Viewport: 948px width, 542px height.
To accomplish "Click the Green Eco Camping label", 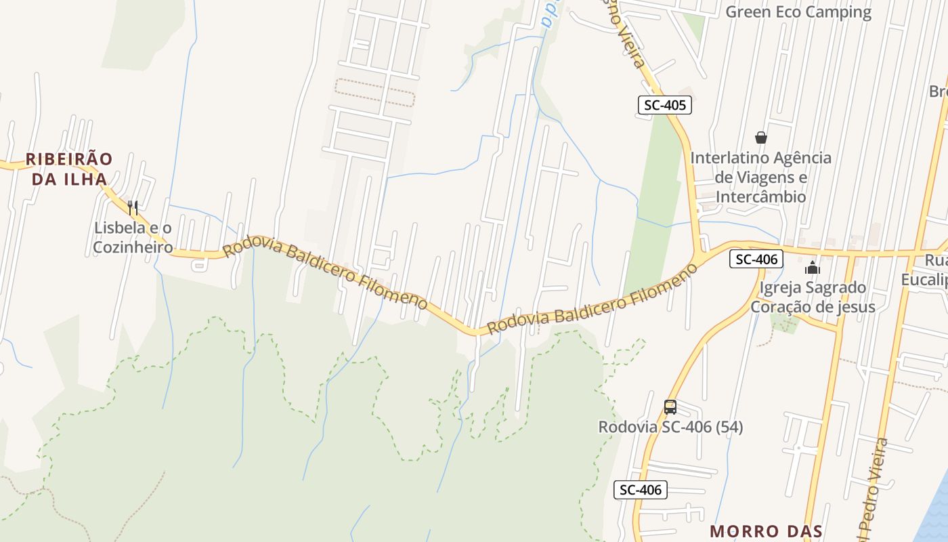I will click(798, 12).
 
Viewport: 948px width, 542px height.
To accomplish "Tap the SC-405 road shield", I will click(664, 105).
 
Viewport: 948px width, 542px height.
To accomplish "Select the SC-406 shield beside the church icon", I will click(756, 259).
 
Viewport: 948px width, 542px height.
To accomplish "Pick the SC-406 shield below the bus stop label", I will click(640, 490).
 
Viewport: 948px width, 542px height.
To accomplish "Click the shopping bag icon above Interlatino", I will click(761, 138).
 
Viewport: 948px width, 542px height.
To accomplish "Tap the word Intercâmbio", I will click(761, 197).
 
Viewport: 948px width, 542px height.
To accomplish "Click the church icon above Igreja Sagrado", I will click(813, 268).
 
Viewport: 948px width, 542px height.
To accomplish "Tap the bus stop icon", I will click(670, 407).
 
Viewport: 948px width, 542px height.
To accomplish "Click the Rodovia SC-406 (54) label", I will click(670, 427).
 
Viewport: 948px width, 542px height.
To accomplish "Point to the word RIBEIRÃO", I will click(69, 159).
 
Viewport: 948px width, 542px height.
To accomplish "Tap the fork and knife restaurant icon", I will click(133, 207).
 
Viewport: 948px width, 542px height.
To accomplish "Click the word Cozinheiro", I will click(133, 247).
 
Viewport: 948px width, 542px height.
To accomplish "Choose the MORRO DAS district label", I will click(765, 531).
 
